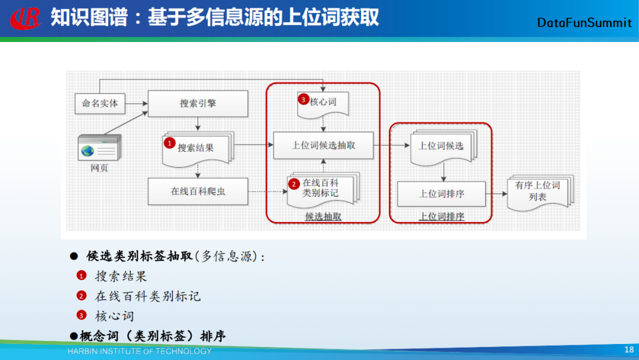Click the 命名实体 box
100,103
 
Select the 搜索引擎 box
198,104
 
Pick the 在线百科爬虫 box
198,191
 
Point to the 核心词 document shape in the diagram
322,102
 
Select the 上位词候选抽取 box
323,145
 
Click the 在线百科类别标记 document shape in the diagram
321,188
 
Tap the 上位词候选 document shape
441,146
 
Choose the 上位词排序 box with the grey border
441,194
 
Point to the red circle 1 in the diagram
169,143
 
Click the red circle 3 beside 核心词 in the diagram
304,100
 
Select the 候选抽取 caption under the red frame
323,217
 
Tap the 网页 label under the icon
99,168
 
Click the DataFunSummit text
585,22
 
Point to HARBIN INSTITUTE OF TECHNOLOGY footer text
140,351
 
